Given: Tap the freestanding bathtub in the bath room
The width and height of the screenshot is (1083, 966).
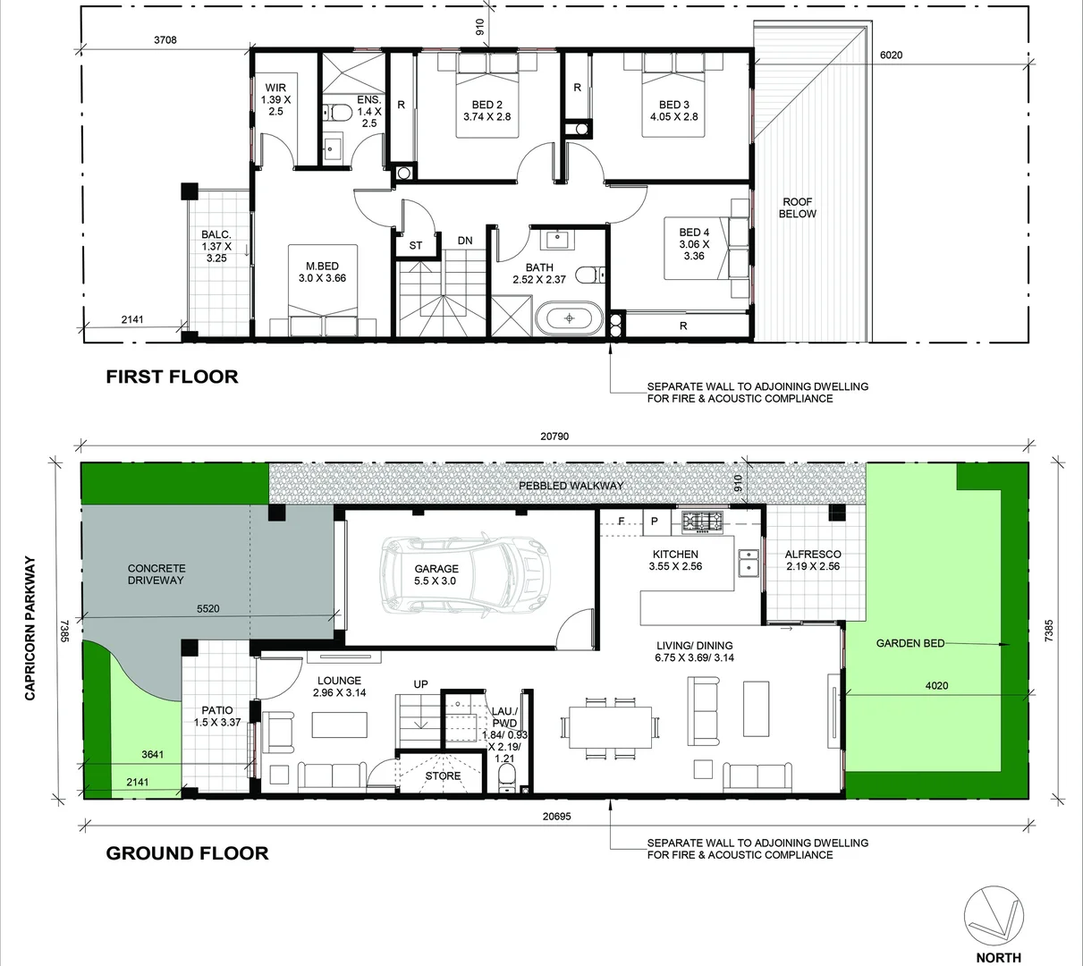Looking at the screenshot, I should (569, 319).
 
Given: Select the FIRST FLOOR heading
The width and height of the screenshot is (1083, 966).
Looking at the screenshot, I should (172, 377).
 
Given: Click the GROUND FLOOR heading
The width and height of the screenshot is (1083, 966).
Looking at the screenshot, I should (187, 853).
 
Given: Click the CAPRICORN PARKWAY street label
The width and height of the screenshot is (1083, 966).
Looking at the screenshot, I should (30, 628).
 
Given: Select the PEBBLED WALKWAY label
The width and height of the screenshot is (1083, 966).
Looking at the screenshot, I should (571, 486).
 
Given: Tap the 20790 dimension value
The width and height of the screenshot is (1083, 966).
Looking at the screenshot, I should (554, 437).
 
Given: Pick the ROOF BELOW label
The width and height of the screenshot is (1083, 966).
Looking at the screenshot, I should (797, 208).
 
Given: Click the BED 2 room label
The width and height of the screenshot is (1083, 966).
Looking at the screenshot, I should (487, 110).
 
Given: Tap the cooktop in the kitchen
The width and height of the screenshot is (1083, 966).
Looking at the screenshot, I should (702, 521).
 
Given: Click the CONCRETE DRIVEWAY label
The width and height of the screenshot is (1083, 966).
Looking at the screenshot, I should (157, 574).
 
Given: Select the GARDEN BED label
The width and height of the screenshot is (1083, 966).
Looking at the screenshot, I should (910, 643).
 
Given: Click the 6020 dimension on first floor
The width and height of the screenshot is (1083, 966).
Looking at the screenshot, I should (891, 55).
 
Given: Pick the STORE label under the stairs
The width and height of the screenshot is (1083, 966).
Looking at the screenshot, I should (443, 775).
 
